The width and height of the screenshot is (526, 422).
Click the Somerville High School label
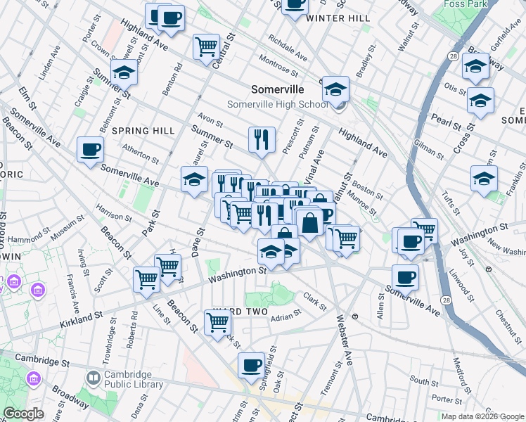pos(277,105)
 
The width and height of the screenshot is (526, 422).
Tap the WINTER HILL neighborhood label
pos(338,18)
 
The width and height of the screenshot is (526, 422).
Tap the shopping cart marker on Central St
pos(207,47)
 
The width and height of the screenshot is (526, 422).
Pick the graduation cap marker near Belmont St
pos(123,72)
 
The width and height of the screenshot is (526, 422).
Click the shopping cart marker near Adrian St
pos(218,322)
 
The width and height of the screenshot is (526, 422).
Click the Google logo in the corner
pos(23,414)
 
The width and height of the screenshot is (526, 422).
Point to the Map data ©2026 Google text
pos(482,416)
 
